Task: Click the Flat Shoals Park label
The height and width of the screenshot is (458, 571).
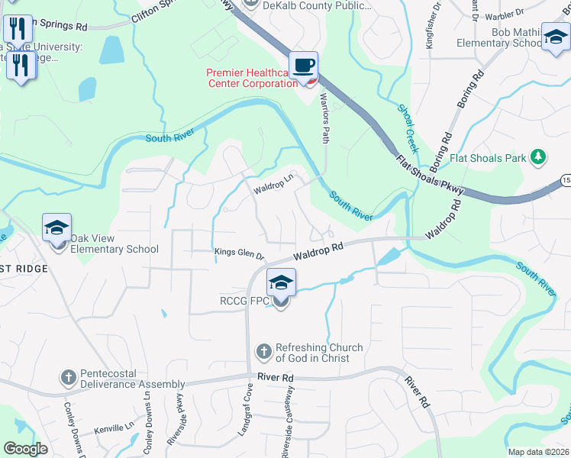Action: [489, 158]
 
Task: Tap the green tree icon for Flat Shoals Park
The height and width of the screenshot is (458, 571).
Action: [538, 157]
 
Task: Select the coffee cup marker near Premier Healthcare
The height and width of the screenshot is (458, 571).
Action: [303, 65]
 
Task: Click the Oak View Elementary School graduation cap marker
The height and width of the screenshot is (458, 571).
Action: [56, 228]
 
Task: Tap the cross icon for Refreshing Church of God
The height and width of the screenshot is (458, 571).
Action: [263, 352]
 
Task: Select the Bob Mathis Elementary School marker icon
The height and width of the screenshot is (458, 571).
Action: [555, 35]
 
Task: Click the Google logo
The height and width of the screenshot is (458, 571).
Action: [25, 449]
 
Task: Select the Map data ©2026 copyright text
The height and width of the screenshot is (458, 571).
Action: [538, 452]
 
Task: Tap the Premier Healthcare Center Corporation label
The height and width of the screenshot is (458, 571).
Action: [252, 78]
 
